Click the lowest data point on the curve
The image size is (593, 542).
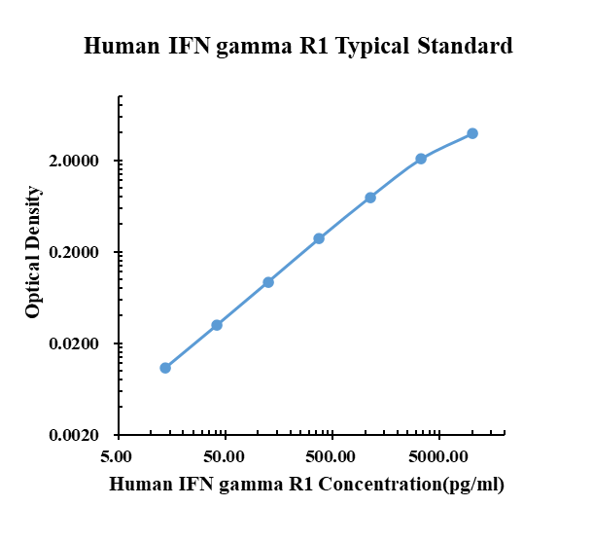click(x=165, y=368)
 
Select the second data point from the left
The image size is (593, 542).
click(x=217, y=325)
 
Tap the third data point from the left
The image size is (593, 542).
click(x=268, y=282)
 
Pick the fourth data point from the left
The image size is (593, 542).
click(x=319, y=238)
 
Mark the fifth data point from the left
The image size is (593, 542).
click(x=370, y=198)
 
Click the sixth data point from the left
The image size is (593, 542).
click(x=421, y=159)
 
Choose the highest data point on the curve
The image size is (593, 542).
click(x=472, y=133)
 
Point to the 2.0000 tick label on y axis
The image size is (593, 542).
click(x=81, y=162)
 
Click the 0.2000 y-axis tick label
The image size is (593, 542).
click(x=81, y=253)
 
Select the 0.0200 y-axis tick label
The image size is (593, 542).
click(x=81, y=344)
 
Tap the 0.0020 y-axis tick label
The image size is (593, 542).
click(x=81, y=436)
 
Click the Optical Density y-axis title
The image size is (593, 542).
click(x=34, y=253)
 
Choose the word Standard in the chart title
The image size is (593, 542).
click(x=465, y=46)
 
